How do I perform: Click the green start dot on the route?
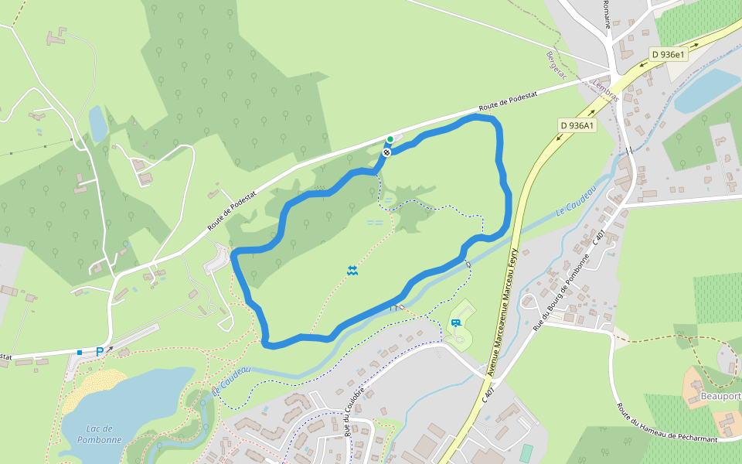point(390,139)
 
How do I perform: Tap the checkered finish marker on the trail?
point(386,152)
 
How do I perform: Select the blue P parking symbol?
point(100,352)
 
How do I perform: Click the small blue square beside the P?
point(80,353)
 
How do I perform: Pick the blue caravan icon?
point(455,323)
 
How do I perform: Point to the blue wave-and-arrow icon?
point(352,269)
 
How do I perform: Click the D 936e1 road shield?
point(668,54)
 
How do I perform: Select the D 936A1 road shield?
point(577,125)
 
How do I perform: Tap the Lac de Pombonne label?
point(100,434)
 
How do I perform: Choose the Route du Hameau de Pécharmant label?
point(665,423)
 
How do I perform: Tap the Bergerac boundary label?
point(556,66)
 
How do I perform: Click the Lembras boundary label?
point(607,86)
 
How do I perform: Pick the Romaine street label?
point(608,14)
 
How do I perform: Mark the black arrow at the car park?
point(110,349)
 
